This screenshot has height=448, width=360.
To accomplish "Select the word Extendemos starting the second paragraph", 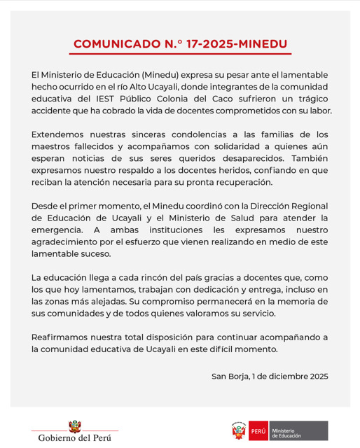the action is tap(58, 134).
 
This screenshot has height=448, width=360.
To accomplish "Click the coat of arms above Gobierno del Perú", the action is tap(74, 426).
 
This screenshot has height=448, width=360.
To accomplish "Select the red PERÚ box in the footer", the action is tap(258, 431).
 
